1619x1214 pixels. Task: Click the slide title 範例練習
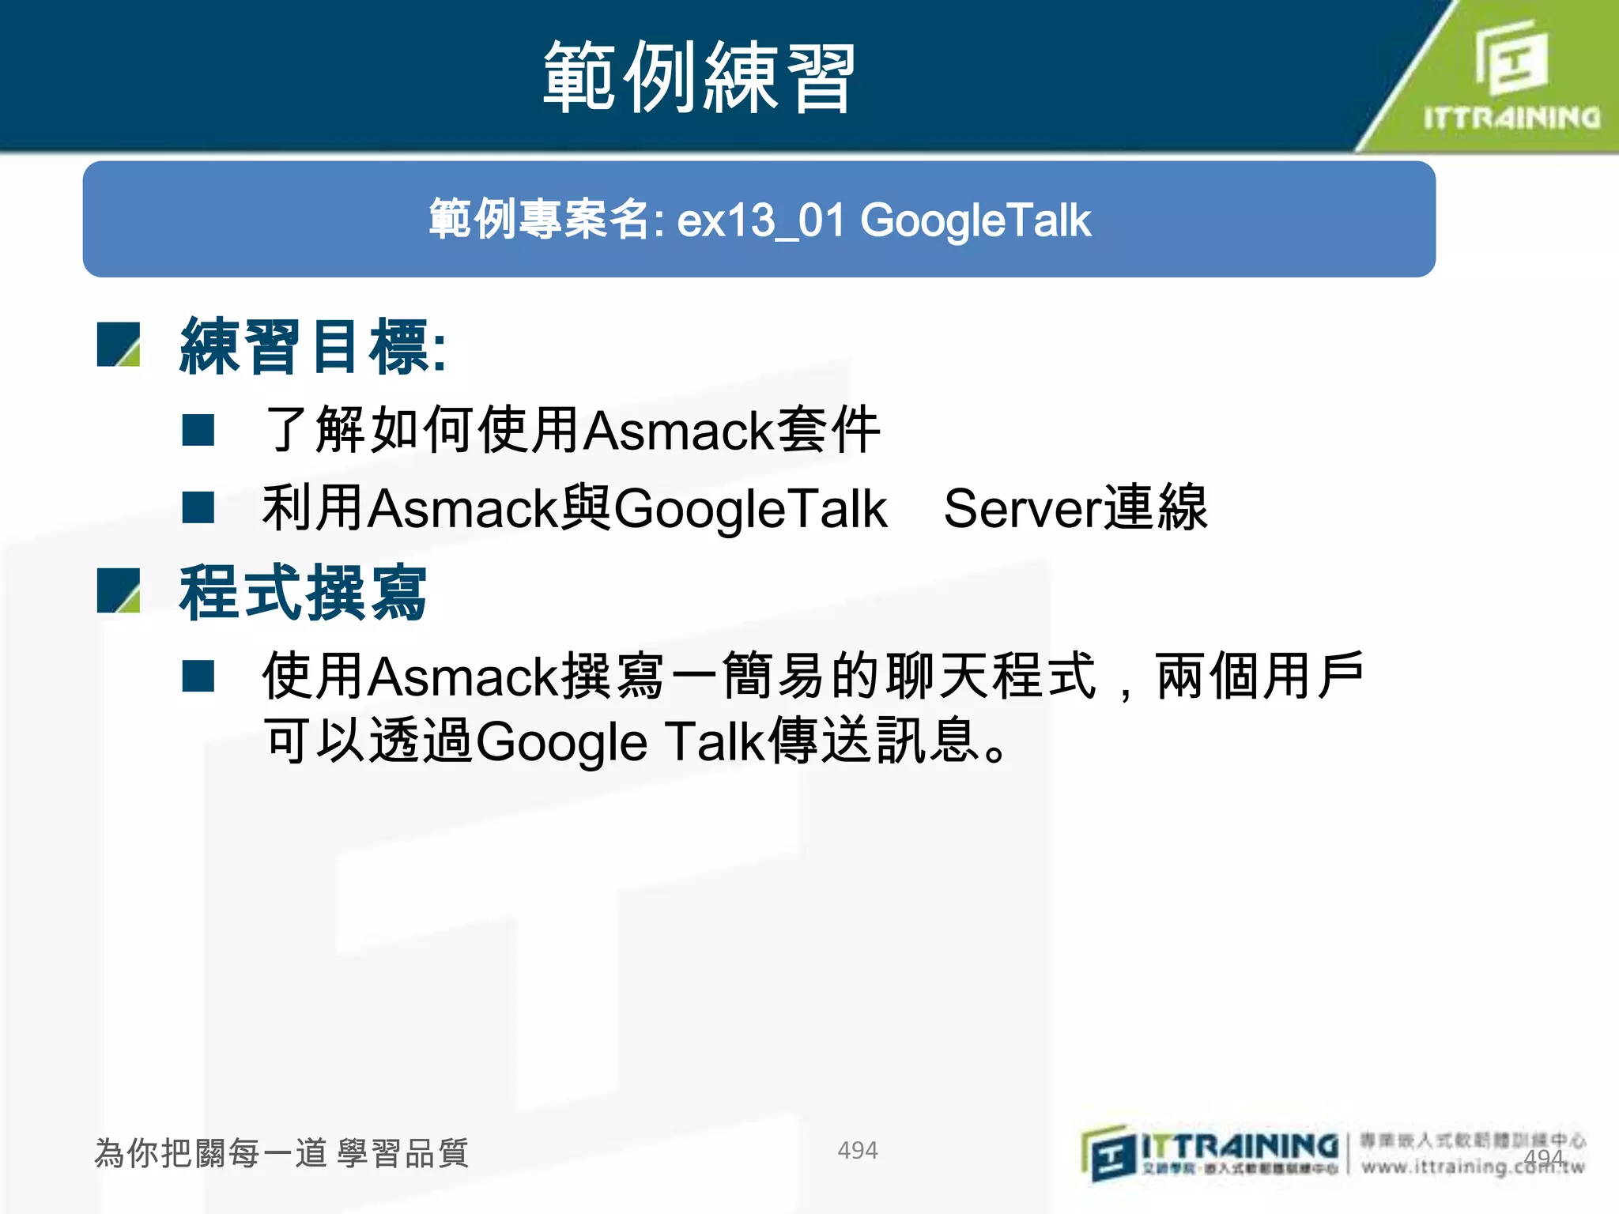tap(699, 77)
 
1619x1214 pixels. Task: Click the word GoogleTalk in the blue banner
tap(976, 221)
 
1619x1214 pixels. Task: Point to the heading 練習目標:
tap(313, 345)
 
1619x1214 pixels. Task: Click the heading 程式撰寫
tap(303, 593)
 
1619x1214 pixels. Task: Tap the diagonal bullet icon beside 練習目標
tap(119, 345)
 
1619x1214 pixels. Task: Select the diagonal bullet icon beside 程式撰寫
tap(119, 591)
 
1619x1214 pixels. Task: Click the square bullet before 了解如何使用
tap(198, 431)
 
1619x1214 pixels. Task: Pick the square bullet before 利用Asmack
tap(198, 507)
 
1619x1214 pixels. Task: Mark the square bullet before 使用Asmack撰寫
tap(198, 676)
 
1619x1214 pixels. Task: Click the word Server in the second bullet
tap(1022, 508)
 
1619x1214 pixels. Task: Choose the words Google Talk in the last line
tap(620, 741)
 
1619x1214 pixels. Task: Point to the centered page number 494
tap(857, 1150)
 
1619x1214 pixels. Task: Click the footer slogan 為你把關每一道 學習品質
tap(281, 1153)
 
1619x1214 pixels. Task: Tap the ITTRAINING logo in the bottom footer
tap(1210, 1153)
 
